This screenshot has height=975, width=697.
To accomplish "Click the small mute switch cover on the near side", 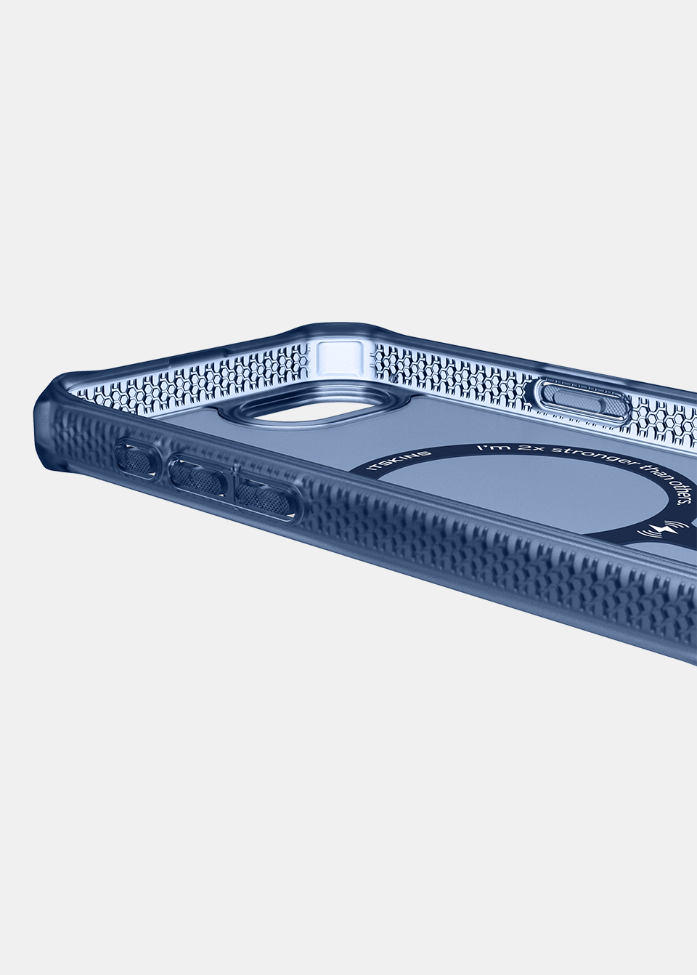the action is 135,458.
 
